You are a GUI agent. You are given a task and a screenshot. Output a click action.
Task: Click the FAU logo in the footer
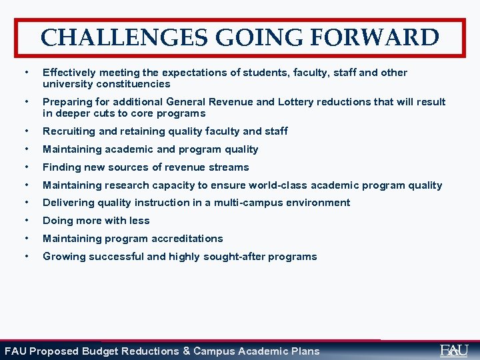(454, 350)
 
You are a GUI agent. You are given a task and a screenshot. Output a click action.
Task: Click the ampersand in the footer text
(187, 351)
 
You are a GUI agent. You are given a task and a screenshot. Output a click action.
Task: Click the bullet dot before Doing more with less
(25, 221)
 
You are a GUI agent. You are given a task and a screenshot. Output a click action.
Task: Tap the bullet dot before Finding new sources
(25, 167)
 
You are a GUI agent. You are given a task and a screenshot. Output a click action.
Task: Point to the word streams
(228, 167)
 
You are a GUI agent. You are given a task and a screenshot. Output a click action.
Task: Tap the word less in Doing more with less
(139, 221)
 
